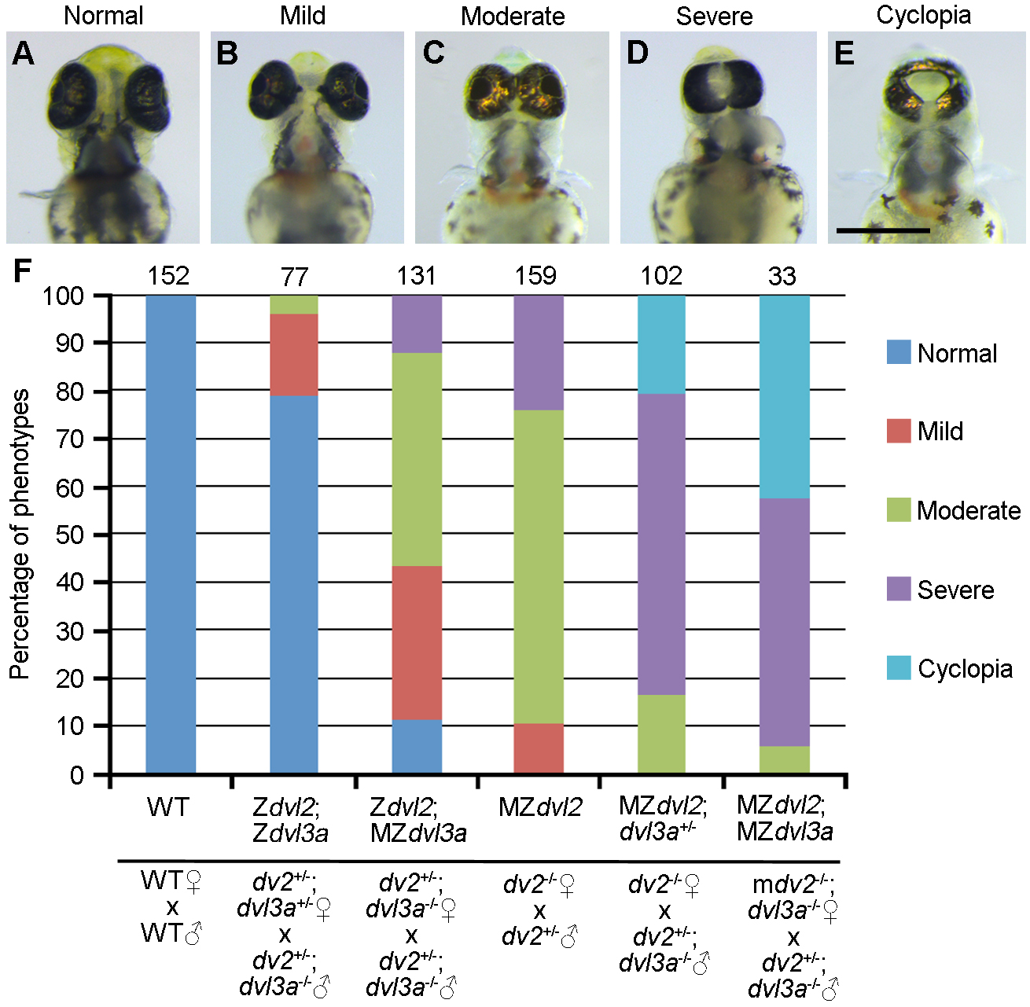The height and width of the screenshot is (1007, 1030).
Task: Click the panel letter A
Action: (x=24, y=53)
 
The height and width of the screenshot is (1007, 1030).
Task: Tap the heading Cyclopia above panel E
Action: (x=923, y=15)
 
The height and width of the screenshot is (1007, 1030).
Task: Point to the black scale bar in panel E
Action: (x=883, y=230)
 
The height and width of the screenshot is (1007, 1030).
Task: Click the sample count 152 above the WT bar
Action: (x=168, y=276)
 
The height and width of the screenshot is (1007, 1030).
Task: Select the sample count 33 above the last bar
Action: (x=782, y=276)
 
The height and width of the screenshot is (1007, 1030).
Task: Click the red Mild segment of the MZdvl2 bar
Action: (x=539, y=748)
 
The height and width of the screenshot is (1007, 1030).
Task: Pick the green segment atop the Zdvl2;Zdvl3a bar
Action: (x=294, y=304)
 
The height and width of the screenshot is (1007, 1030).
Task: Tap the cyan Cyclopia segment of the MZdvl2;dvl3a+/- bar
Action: (x=661, y=344)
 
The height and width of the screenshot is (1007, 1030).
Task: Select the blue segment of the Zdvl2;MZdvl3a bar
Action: (x=417, y=746)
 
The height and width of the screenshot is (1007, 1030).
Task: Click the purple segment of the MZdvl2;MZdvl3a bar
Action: (x=784, y=622)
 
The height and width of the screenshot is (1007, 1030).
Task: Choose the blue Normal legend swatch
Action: (x=899, y=352)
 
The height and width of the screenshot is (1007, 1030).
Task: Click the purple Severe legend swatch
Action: (x=899, y=589)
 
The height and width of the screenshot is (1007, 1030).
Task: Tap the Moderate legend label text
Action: (x=969, y=510)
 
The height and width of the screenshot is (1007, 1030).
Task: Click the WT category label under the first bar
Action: (x=168, y=807)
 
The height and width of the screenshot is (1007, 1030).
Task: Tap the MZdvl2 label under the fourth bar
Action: (x=540, y=807)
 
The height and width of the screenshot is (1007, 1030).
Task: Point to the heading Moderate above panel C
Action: (x=513, y=16)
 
